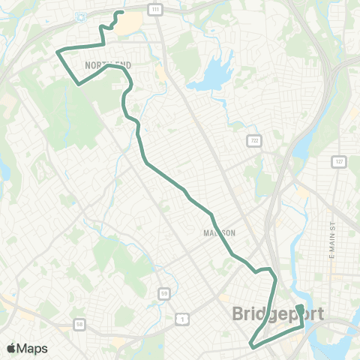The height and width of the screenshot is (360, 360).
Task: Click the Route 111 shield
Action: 155,8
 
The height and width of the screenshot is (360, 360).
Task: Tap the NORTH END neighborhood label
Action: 108,66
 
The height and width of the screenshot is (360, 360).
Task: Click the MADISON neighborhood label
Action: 219,233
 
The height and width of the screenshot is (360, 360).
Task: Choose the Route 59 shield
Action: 163,293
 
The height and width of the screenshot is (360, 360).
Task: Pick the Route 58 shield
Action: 79,325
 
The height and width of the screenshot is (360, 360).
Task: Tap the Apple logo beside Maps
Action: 11,348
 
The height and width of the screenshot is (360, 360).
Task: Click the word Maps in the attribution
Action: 32,348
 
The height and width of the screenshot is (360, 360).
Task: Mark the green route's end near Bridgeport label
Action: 298,307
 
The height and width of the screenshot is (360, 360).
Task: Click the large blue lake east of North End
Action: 210,76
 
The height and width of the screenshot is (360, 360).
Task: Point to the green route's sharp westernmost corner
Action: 57,51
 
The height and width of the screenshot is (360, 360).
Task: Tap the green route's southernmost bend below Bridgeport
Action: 251,344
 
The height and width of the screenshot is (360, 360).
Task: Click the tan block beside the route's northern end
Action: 129,23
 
